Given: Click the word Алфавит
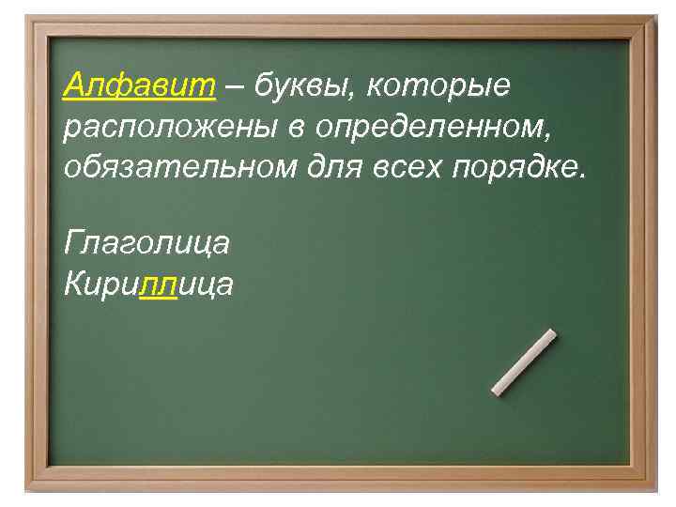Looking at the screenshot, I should click(140, 86).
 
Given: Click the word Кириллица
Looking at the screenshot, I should click(148, 284).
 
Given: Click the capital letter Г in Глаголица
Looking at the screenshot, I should click(75, 243).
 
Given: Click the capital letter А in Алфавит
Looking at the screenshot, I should click(76, 85).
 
